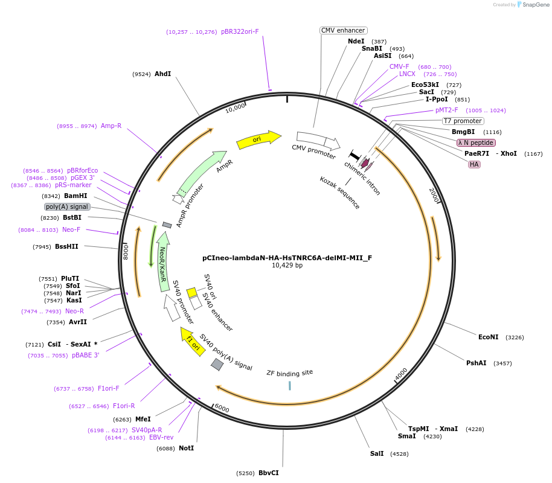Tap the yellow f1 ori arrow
[193, 342]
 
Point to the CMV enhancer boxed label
[343, 30]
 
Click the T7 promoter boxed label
[463, 121]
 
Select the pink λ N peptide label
[476, 142]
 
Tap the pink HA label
[474, 164]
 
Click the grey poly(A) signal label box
[67, 206]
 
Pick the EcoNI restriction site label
[488, 337]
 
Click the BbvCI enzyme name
[268, 473]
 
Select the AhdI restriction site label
[162, 74]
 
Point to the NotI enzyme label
[186, 448]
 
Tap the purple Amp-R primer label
[111, 126]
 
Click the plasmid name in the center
[287, 257]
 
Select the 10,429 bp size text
[287, 265]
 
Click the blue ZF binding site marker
[290, 385]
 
